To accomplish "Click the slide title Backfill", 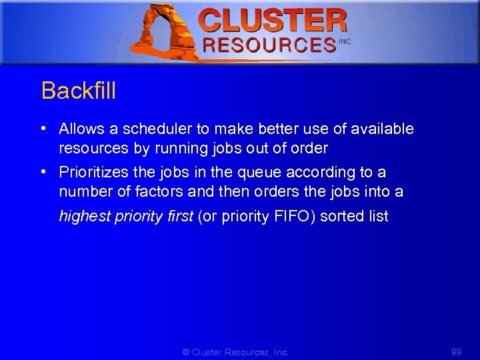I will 79,91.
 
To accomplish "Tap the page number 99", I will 456,352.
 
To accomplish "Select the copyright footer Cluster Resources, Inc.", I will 235,352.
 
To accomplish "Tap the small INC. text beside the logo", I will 345,41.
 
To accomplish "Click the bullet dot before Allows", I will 43,129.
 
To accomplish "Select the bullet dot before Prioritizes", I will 43,172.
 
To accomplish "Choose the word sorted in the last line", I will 341,216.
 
